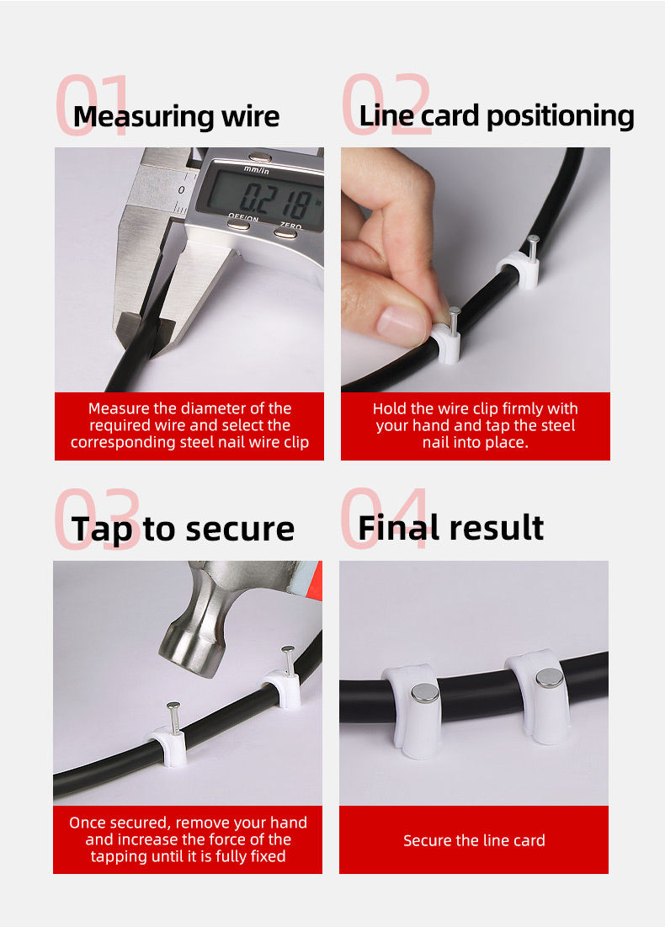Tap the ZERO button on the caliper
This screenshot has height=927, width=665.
pyautogui.click(x=286, y=233)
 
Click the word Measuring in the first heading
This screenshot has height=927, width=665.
pyautogui.click(x=144, y=116)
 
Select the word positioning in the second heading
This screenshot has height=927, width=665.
pyautogui.click(x=560, y=116)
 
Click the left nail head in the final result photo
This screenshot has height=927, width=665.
pyautogui.click(x=424, y=693)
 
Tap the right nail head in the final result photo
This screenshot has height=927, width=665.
pyautogui.click(x=550, y=679)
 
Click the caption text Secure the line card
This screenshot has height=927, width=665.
pyautogui.click(x=474, y=840)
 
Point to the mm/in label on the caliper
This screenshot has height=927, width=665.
pyautogui.click(x=257, y=170)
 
